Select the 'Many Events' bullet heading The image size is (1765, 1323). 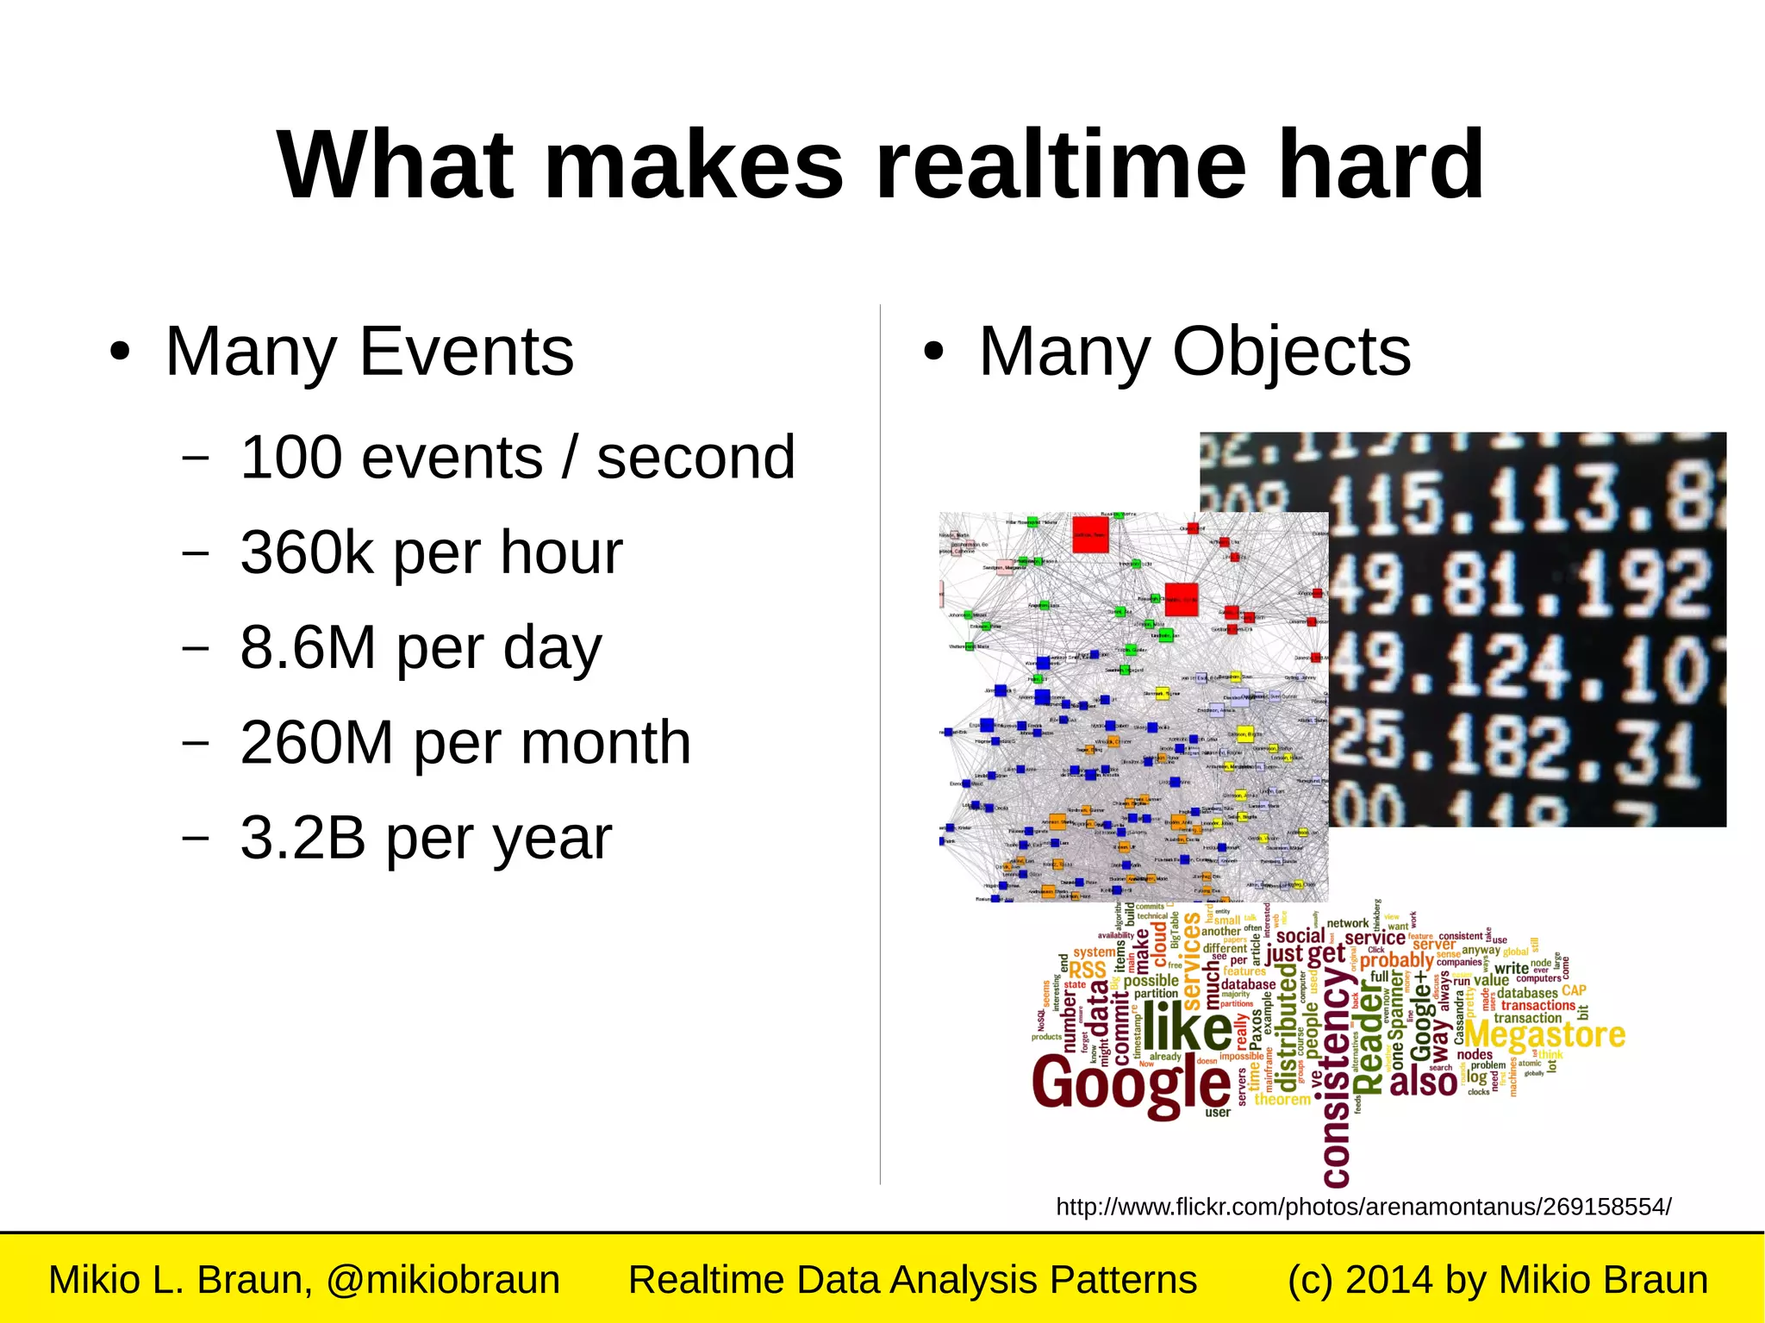point(369,352)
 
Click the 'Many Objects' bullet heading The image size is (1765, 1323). point(1194,352)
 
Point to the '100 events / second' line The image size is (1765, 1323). point(517,457)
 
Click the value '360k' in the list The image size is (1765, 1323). point(307,552)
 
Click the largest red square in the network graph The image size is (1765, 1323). point(1090,534)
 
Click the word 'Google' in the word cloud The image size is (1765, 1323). point(1132,1085)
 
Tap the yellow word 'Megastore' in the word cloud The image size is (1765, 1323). point(1544,1034)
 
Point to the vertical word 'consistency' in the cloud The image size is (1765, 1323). point(1336,1077)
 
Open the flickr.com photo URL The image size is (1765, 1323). point(1363,1207)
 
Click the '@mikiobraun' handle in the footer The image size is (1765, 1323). point(443,1280)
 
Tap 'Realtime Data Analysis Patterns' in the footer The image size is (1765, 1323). point(913,1280)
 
